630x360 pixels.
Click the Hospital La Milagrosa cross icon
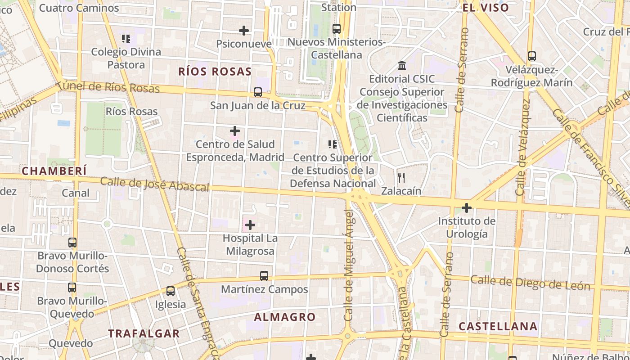pyautogui.click(x=250, y=225)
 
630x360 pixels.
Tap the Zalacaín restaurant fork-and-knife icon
pyautogui.click(x=401, y=178)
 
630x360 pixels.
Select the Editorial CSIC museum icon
pyautogui.click(x=402, y=66)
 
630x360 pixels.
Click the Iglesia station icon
pyautogui.click(x=170, y=291)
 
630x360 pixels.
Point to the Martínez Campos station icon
pyautogui.click(x=264, y=276)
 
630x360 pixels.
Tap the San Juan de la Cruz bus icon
pyautogui.click(x=258, y=92)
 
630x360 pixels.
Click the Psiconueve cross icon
pyautogui.click(x=244, y=31)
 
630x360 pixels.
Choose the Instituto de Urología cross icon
pyautogui.click(x=467, y=208)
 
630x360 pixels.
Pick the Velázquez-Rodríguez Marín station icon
pyautogui.click(x=532, y=56)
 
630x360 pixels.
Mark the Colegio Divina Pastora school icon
pyautogui.click(x=126, y=39)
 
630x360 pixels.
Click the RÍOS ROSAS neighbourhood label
pyautogui.click(x=215, y=72)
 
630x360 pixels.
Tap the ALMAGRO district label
pyautogui.click(x=285, y=317)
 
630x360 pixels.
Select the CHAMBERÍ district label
pyautogui.click(x=54, y=171)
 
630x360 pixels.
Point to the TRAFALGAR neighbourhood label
pyautogui.click(x=144, y=333)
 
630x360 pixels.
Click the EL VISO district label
pyautogui.click(x=486, y=8)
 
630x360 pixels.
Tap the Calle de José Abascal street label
pyautogui.click(x=155, y=184)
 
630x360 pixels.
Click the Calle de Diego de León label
pyautogui.click(x=530, y=283)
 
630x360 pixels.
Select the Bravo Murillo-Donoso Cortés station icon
pyautogui.click(x=72, y=243)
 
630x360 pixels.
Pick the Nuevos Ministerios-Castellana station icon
pyautogui.click(x=337, y=29)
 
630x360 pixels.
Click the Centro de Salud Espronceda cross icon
pyautogui.click(x=235, y=131)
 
